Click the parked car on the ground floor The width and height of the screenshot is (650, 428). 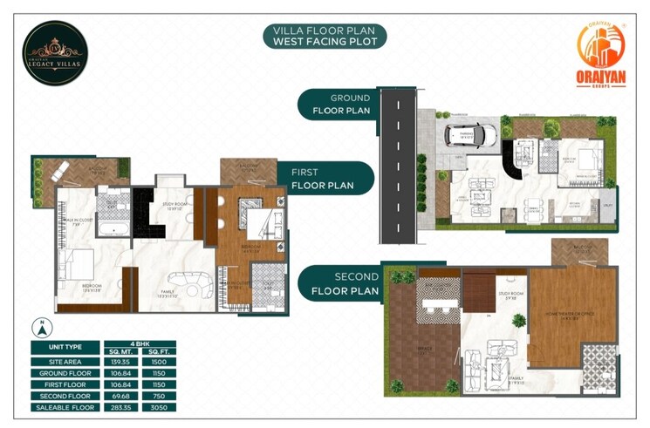[x=472, y=135]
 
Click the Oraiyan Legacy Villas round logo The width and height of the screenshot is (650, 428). [x=56, y=52]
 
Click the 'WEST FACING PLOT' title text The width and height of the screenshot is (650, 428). [x=325, y=41]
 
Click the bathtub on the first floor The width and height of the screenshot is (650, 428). [x=110, y=229]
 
